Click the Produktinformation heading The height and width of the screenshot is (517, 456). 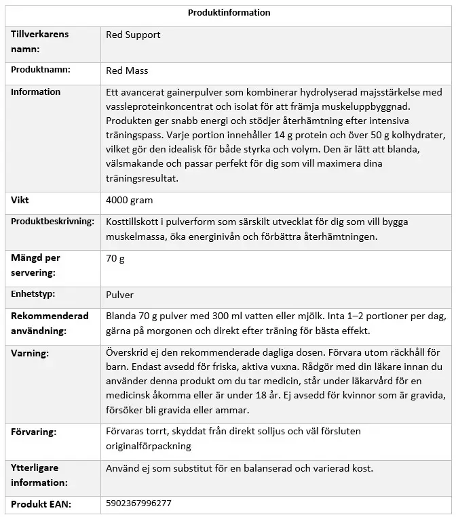pyautogui.click(x=229, y=12)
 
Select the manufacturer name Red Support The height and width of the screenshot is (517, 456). pyautogui.click(x=133, y=35)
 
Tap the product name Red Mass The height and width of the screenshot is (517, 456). pyautogui.click(x=127, y=70)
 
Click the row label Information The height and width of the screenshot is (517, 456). pyautogui.click(x=35, y=92)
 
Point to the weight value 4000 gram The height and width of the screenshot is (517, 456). pyautogui.click(x=129, y=201)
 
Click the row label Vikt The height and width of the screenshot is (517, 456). pyautogui.click(x=20, y=201)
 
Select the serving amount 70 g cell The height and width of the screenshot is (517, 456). pyautogui.click(x=115, y=258)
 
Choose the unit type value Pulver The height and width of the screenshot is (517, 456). pyautogui.click(x=120, y=295)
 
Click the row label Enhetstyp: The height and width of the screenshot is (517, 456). pyautogui.click(x=33, y=295)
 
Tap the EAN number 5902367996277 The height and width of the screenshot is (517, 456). pyautogui.click(x=138, y=503)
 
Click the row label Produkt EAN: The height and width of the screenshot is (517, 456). pyautogui.click(x=41, y=504)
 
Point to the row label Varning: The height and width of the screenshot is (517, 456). pyautogui.click(x=30, y=353)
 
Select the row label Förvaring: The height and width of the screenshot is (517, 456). pyautogui.click(x=33, y=432)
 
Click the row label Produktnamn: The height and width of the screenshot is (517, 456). pyautogui.click(x=41, y=70)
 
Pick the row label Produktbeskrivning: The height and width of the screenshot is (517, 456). pyautogui.click(x=52, y=222)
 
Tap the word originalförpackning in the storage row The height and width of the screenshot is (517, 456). pyautogui.click(x=148, y=446)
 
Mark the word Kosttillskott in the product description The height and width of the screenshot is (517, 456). pyautogui.click(x=133, y=222)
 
